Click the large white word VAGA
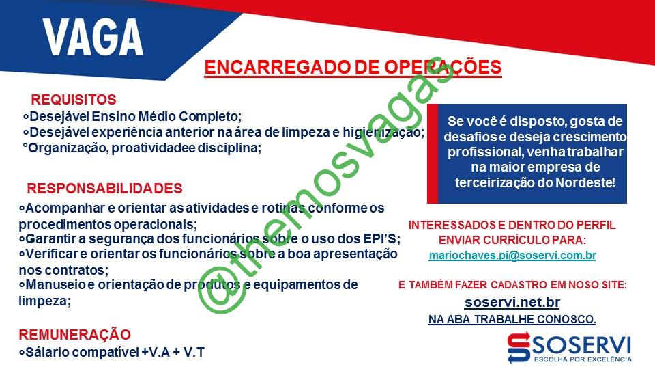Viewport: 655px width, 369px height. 93,37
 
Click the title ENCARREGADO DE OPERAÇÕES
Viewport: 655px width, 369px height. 353,68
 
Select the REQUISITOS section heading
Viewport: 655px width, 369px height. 74,100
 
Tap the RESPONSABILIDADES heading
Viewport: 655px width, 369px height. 104,189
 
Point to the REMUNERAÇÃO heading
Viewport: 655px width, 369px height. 75,335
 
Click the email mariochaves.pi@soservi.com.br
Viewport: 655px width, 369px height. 512,255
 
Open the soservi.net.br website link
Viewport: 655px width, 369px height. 512,302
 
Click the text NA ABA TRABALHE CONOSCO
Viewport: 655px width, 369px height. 512,319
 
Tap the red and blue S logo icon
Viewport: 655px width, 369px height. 519,347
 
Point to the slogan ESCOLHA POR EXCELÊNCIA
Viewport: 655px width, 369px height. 583,359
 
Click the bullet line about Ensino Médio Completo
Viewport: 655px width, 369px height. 132,116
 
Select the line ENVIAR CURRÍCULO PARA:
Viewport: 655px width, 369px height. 512,240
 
